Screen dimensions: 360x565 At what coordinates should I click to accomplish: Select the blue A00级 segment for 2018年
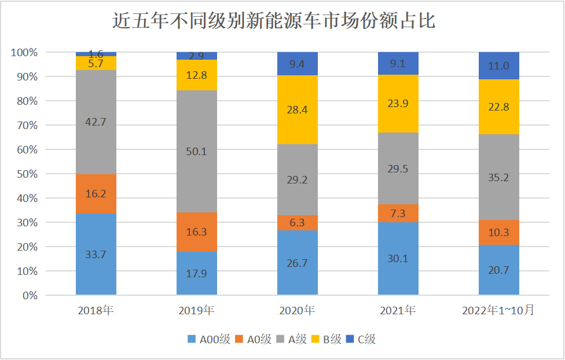96,255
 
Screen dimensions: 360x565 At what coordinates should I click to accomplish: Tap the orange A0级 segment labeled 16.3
197,232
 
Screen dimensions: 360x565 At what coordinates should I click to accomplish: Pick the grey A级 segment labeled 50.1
197,151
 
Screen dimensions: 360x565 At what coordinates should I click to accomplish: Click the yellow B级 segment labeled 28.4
298,109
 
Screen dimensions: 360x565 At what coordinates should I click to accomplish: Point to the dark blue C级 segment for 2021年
398,63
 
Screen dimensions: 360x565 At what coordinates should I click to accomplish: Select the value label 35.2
498,177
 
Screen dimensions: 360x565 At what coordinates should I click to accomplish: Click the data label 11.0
498,66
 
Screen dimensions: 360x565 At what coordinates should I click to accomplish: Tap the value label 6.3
298,223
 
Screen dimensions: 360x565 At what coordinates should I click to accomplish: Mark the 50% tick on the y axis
27,174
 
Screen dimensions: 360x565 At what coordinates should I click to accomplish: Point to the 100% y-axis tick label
24,53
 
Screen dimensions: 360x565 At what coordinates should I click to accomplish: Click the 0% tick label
30,295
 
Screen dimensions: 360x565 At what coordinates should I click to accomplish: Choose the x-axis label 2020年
297,311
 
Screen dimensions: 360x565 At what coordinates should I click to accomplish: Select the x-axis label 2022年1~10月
498,311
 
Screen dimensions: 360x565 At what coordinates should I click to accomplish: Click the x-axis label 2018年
96,311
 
